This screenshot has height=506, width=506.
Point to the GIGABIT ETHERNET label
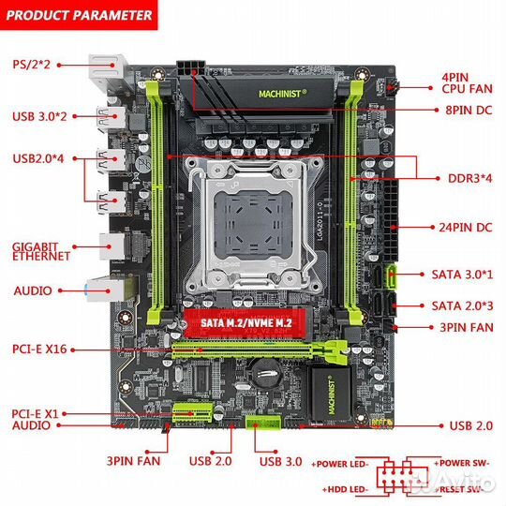click(42, 251)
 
